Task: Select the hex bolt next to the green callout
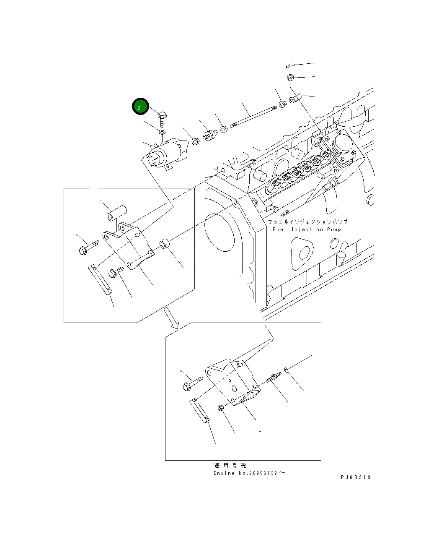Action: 163,117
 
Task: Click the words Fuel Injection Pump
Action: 307,229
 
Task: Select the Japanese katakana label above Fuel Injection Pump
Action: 307,221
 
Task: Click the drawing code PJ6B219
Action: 356,477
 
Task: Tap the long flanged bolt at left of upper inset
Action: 88,247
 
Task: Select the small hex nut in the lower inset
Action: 220,408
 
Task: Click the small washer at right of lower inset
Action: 286,370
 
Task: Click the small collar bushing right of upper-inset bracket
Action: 164,244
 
